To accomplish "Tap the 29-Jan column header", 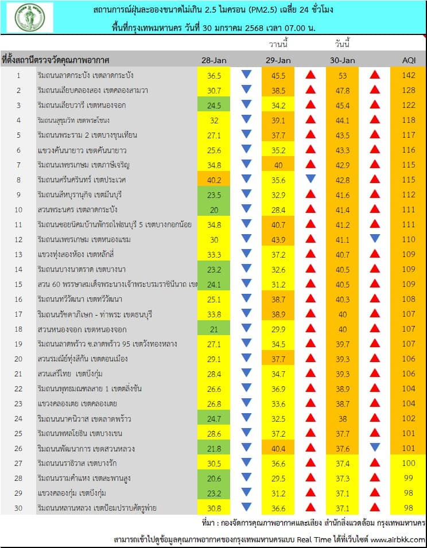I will [279, 60].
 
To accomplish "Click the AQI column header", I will [408, 60].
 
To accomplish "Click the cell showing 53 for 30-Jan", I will [343, 75].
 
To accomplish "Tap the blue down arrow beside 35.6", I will [310, 179].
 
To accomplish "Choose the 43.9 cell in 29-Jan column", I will [279, 239].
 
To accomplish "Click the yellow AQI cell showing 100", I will [408, 463].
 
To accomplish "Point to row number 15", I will [18, 284].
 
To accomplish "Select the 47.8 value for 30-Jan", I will [343, 90].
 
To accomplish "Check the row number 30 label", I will [18, 508].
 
